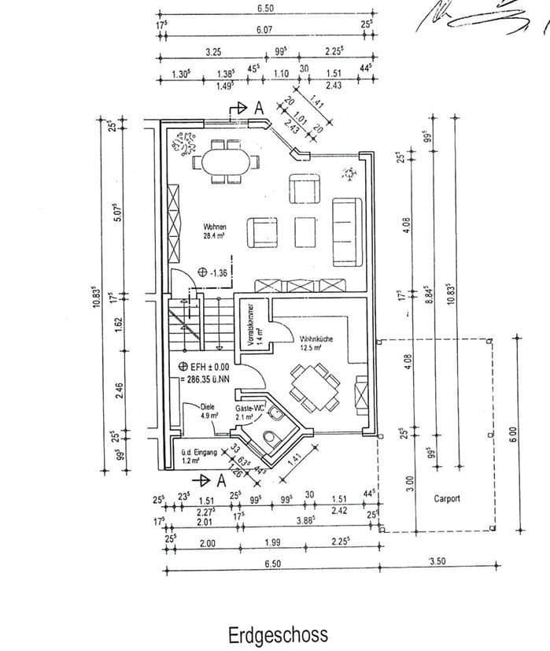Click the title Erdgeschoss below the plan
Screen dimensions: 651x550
[278, 634]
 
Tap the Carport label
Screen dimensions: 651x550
[446, 498]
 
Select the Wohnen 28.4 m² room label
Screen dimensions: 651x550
[215, 229]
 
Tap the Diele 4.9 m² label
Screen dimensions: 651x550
[209, 411]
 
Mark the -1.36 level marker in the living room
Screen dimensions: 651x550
[214, 272]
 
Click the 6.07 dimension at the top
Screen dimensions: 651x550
[264, 30]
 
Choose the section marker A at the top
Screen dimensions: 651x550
[258, 109]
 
